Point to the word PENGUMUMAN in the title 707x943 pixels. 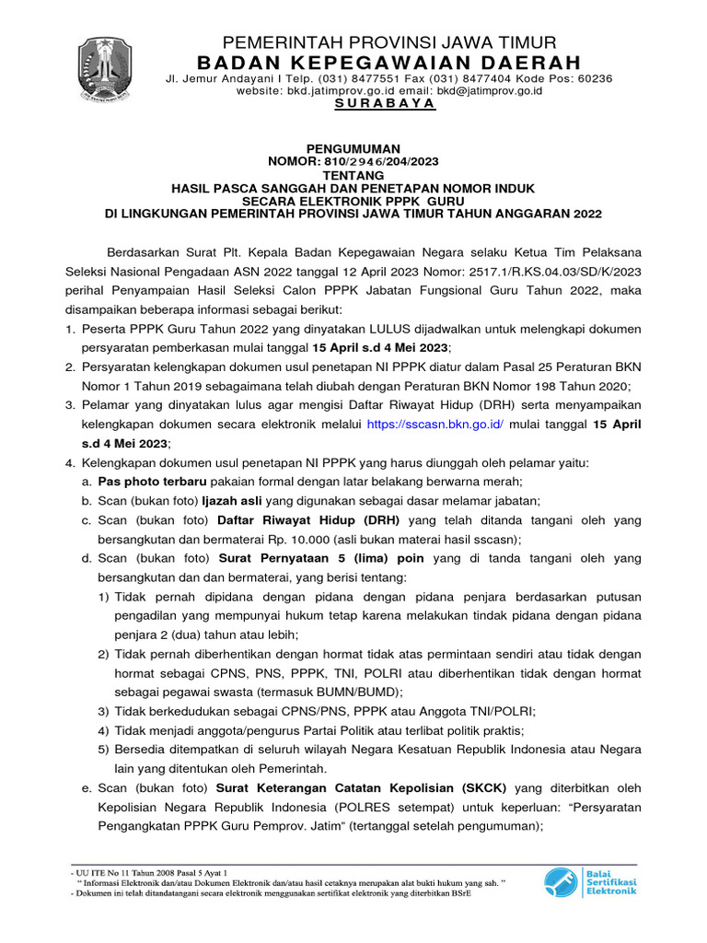coord(353,147)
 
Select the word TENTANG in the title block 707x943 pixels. coord(353,172)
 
